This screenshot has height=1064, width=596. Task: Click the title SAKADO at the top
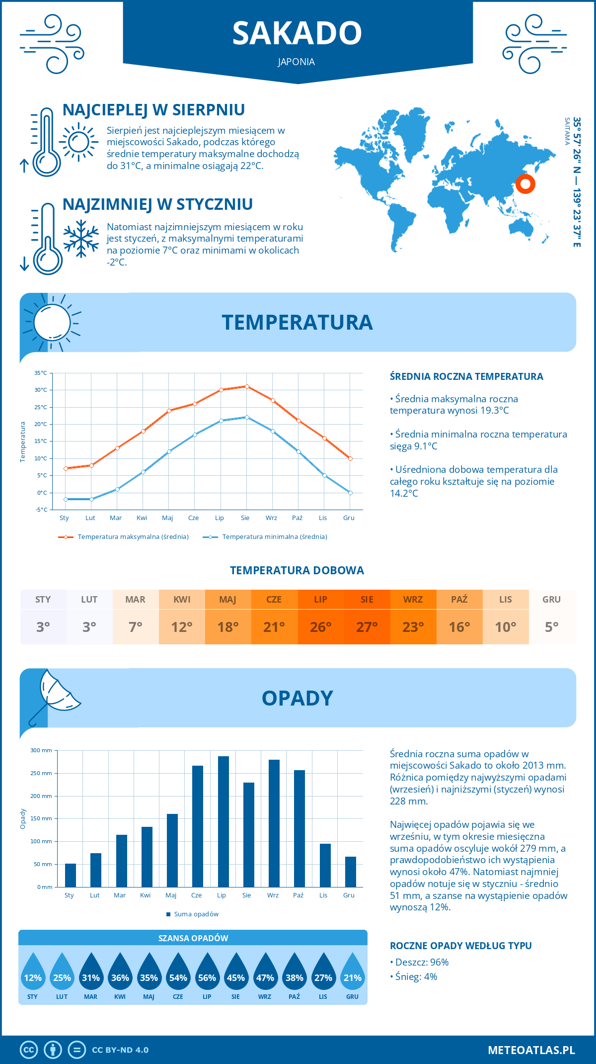297,33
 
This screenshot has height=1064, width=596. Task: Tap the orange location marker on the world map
525,184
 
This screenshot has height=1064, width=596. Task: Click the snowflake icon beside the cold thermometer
81,239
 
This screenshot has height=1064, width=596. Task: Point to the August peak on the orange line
247,386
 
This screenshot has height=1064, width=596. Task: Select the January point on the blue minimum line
66,499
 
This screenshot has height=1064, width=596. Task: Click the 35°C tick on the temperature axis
41,373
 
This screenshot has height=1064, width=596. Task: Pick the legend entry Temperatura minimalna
274,537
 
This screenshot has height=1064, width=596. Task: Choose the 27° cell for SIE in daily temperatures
367,626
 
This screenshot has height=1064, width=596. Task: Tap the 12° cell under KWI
182,626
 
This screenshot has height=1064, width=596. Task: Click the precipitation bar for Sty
71,875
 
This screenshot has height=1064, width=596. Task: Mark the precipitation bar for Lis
325,865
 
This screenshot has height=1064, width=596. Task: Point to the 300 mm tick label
41,750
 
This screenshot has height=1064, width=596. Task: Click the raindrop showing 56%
207,977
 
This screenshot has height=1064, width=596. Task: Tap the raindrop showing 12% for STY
33,977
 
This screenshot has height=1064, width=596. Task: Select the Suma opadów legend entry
196,914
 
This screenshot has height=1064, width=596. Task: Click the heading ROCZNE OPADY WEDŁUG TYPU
460,946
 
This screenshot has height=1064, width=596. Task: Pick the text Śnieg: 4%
416,976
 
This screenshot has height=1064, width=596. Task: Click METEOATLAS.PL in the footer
531,1050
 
